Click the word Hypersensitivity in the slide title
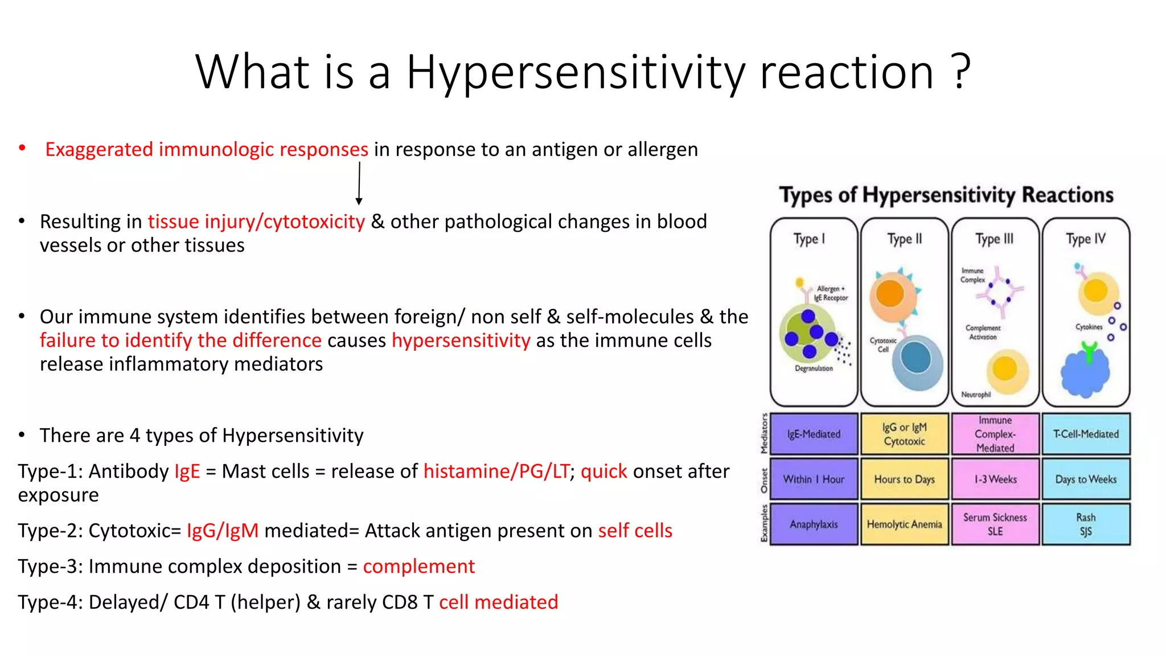click(575, 73)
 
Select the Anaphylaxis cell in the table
click(814, 524)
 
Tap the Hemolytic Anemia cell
click(904, 524)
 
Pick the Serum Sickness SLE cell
click(995, 524)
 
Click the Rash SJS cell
click(1086, 524)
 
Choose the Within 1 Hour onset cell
click(814, 479)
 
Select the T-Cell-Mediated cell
click(1086, 434)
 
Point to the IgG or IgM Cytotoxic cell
click(904, 434)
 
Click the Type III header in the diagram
click(994, 239)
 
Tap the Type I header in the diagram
click(809, 239)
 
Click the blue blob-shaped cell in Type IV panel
click(1085, 373)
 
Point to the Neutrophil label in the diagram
click(976, 395)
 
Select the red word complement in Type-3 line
click(418, 567)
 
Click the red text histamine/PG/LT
click(496, 471)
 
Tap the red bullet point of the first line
click(22, 149)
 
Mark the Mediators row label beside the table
click(764, 434)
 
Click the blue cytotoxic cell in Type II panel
click(917, 361)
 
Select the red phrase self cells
click(635, 531)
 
